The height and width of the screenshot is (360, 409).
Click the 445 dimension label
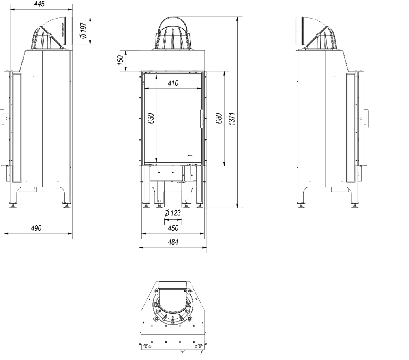click(x=39, y=4)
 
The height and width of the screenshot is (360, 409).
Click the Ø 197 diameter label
click(x=84, y=31)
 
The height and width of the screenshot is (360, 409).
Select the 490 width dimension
click(x=36, y=228)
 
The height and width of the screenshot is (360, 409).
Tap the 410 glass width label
click(x=173, y=84)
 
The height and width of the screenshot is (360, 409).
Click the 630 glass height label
click(x=151, y=118)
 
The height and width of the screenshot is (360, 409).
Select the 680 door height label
click(x=219, y=118)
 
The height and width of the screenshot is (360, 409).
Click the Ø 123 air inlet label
click(x=173, y=213)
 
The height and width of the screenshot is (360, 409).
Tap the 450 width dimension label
click(x=173, y=228)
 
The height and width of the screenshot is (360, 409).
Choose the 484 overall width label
click(x=173, y=242)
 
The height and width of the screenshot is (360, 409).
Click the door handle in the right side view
click(x=367, y=118)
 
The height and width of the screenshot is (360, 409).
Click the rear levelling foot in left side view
click(x=66, y=205)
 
